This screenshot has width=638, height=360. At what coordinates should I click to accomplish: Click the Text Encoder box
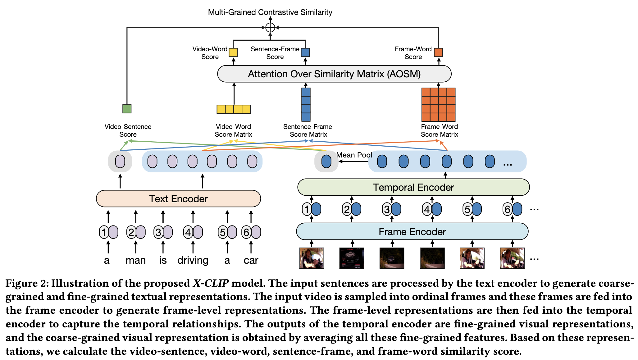click(x=178, y=199)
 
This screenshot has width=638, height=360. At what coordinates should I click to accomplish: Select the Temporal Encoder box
click(x=413, y=187)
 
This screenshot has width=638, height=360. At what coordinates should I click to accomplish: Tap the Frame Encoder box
click(x=412, y=232)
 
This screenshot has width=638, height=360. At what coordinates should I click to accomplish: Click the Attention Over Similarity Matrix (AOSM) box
click(x=334, y=74)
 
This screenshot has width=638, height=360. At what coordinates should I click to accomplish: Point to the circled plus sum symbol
click(x=270, y=28)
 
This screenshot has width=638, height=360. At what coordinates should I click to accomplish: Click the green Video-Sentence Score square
click(x=127, y=109)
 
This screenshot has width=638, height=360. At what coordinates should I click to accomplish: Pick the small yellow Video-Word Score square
click(x=233, y=52)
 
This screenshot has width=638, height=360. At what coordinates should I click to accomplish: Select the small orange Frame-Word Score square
click(x=438, y=52)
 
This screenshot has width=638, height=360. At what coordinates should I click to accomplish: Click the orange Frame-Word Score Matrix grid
click(x=438, y=105)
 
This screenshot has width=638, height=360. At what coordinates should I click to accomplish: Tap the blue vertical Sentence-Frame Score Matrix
click(x=306, y=105)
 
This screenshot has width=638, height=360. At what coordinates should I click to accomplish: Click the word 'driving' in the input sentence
click(x=193, y=260)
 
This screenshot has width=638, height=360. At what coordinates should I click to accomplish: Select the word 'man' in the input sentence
click(x=135, y=260)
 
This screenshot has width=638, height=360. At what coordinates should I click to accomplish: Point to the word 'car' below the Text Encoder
click(x=251, y=260)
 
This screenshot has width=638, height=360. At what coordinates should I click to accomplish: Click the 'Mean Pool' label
click(x=354, y=155)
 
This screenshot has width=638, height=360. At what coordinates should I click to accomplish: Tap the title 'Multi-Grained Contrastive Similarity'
click(x=270, y=12)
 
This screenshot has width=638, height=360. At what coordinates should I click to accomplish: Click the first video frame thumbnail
click(x=311, y=258)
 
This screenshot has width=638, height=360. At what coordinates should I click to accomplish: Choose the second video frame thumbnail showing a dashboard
click(x=352, y=258)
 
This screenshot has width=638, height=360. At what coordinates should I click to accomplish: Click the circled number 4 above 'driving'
click(x=188, y=232)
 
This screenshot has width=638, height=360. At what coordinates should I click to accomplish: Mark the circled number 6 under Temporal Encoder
click(x=507, y=209)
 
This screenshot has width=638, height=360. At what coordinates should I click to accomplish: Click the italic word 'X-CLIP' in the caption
click(x=211, y=283)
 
